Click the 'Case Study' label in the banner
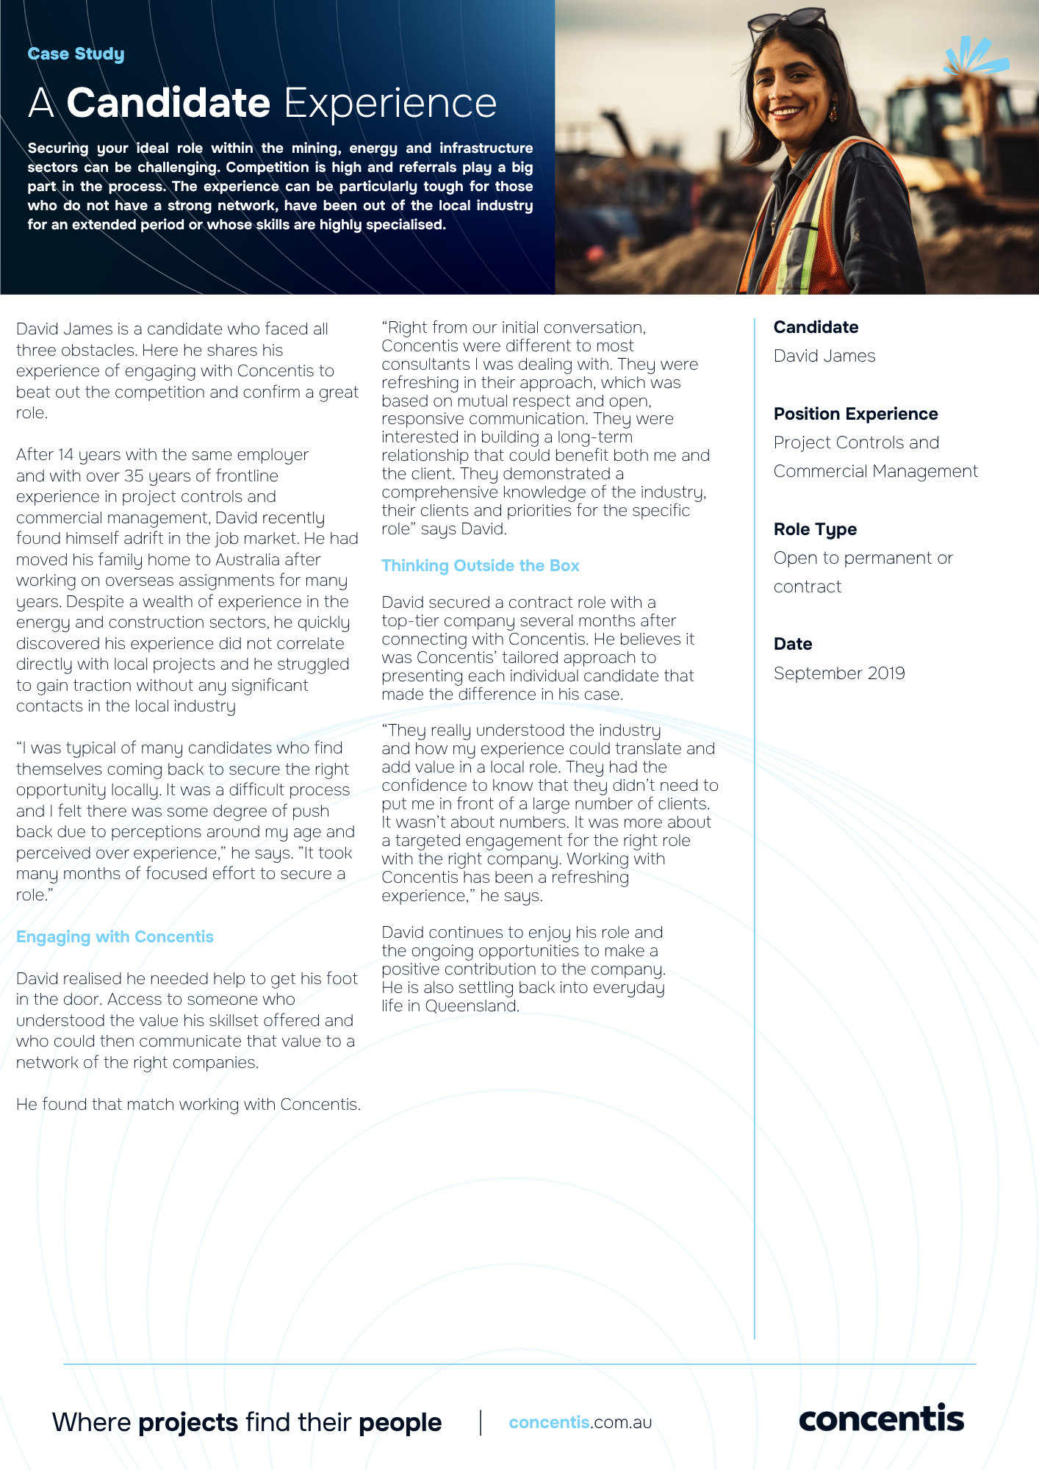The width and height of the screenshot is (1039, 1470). pyautogui.click(x=76, y=54)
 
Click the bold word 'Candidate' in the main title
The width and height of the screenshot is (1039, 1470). pyautogui.click(x=168, y=103)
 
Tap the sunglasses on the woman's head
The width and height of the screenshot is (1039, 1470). pyautogui.click(x=787, y=20)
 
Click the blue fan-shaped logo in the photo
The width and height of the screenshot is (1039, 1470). pyautogui.click(x=974, y=57)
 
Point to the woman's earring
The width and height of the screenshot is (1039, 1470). pyautogui.click(x=833, y=114)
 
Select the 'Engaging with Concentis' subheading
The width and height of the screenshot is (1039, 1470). pyautogui.click(x=115, y=937)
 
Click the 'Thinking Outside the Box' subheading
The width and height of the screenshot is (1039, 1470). pyautogui.click(x=480, y=566)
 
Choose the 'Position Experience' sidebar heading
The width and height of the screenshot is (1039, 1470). pyautogui.click(x=855, y=414)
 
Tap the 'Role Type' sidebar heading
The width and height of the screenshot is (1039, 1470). pyautogui.click(x=815, y=529)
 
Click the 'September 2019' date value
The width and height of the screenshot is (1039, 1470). pyautogui.click(x=838, y=673)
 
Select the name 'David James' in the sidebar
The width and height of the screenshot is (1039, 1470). pyautogui.click(x=824, y=356)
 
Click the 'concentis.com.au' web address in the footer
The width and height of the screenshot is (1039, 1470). pyautogui.click(x=580, y=1422)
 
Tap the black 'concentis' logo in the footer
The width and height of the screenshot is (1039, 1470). pyautogui.click(x=880, y=1419)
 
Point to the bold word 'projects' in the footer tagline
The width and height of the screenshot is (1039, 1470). pyautogui.click(x=188, y=1423)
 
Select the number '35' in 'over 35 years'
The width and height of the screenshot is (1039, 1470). pyautogui.click(x=134, y=476)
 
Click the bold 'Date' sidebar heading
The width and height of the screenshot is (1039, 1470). pyautogui.click(x=792, y=644)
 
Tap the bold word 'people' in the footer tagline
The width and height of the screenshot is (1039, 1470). pyautogui.click(x=400, y=1423)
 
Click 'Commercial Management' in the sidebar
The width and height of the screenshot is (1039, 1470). pyautogui.click(x=875, y=471)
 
